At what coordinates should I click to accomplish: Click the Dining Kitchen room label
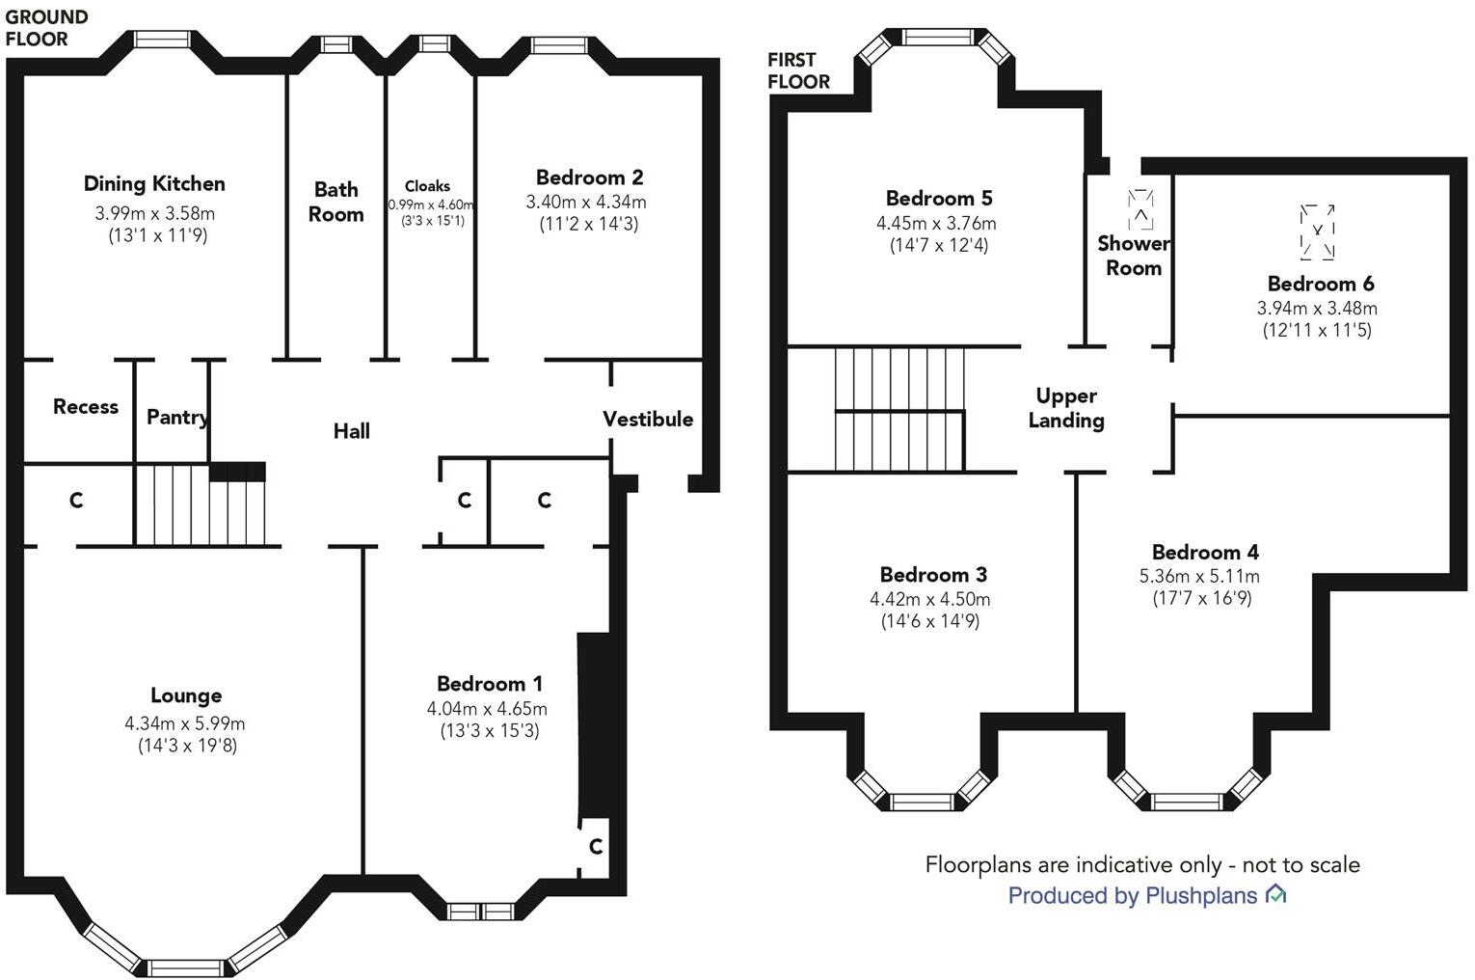154,184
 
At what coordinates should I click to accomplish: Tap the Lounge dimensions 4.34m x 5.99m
185,723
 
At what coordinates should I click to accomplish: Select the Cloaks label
427,186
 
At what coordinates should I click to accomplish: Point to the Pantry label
177,418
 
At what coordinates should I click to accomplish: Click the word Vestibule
648,420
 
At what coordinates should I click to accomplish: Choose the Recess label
86,407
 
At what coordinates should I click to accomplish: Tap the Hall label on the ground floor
352,431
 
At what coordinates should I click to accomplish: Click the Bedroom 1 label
490,684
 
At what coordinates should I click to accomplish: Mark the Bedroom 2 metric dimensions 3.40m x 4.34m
586,202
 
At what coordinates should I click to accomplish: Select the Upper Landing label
1067,408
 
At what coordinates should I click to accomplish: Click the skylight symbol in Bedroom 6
1317,232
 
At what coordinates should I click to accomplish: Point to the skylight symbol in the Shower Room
1140,209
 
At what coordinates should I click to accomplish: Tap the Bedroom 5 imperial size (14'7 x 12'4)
939,246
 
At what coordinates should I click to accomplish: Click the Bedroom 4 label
1205,552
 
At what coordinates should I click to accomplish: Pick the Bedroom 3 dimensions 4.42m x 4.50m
929,599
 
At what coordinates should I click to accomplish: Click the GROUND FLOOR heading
46,28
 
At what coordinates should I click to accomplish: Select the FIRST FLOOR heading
799,70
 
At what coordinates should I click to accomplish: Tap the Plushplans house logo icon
1276,894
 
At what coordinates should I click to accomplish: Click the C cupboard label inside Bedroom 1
596,846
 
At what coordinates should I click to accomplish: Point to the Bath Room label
335,202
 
